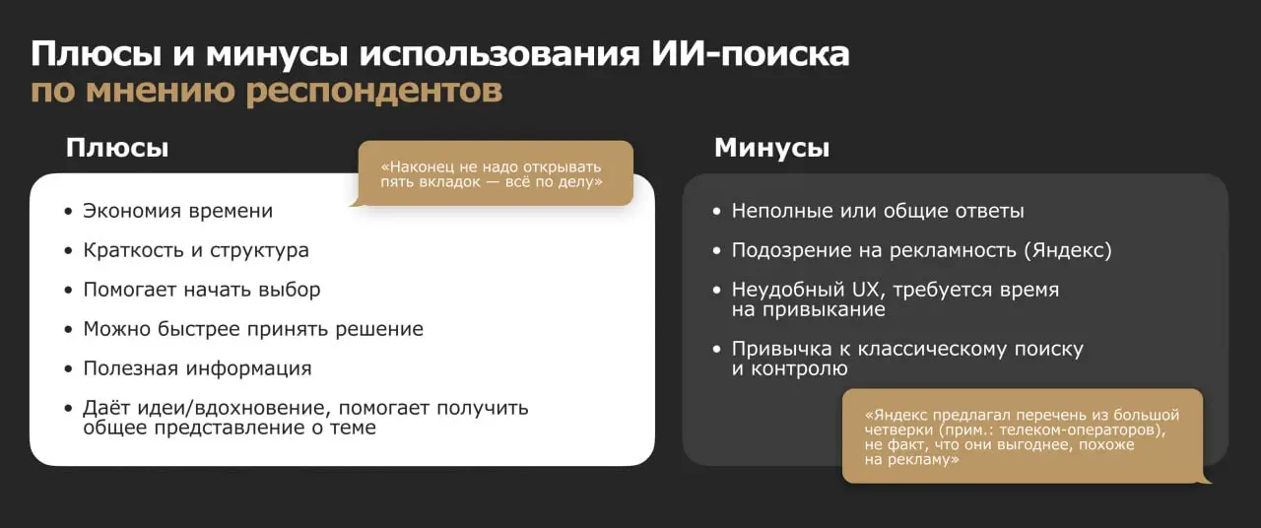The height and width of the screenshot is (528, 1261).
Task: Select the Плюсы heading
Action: tap(117, 148)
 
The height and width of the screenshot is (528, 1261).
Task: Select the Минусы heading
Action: tap(771, 148)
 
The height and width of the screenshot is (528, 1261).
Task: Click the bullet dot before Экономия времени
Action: tap(68, 212)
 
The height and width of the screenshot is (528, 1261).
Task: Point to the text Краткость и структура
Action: tap(196, 250)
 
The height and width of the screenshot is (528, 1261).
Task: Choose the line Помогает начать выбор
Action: tap(201, 290)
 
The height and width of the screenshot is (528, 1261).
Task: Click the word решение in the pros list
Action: tap(379, 329)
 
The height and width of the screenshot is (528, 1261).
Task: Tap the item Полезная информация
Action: tap(197, 368)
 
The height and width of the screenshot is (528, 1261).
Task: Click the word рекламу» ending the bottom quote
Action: tap(911, 460)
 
